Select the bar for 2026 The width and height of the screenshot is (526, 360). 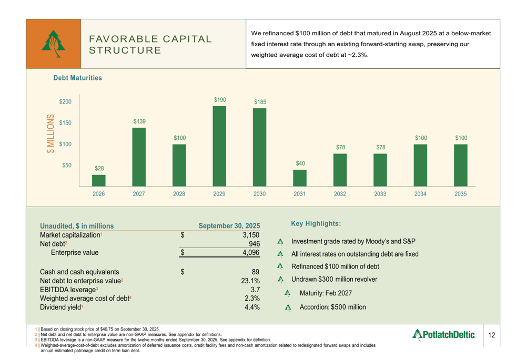99,180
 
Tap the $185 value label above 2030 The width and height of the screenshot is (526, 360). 260,101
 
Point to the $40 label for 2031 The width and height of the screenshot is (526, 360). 300,163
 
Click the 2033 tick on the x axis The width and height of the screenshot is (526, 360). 380,193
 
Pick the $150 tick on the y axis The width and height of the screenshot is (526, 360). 66,122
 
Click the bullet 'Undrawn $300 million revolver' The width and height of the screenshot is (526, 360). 340,280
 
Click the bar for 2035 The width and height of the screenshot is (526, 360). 460,165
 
